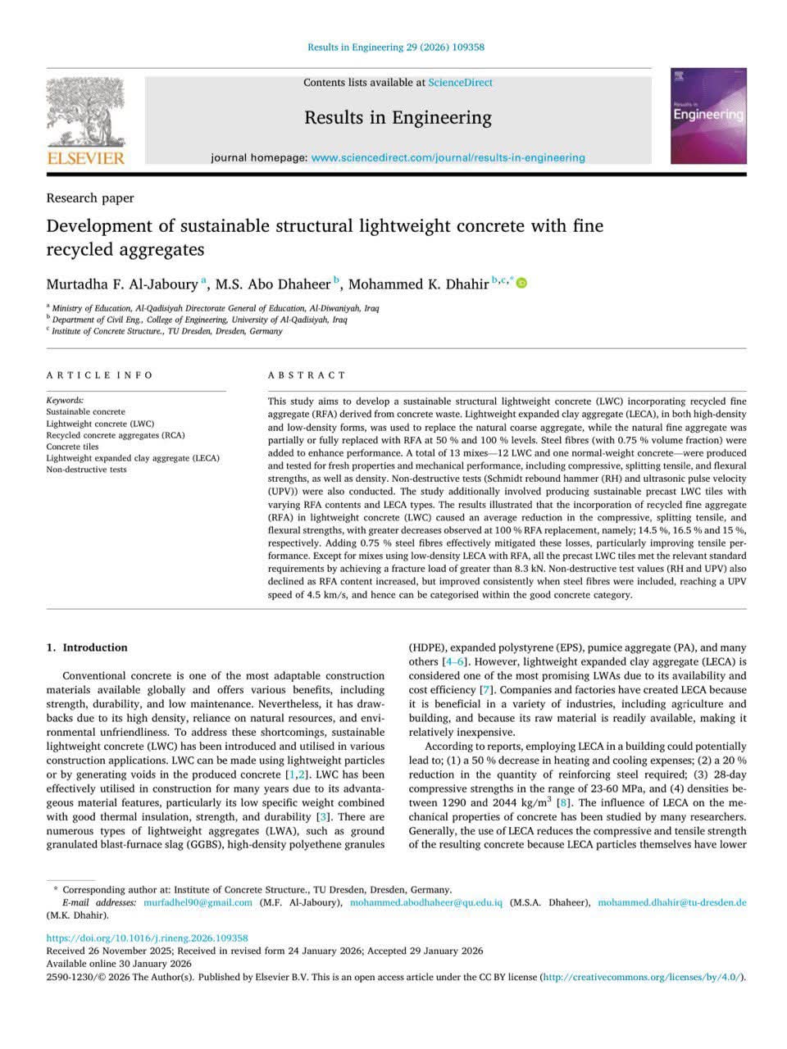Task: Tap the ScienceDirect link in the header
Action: pos(460,83)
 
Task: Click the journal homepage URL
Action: pos(448,157)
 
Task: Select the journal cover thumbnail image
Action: pos(708,116)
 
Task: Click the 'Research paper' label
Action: pos(90,198)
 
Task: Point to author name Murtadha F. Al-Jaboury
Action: pos(122,284)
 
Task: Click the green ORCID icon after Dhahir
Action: pos(521,284)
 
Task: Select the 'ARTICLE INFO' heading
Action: pos(100,375)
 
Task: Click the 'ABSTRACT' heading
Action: pos(307,375)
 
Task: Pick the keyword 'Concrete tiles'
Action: pos(72,447)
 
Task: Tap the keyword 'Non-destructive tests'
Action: pos(86,470)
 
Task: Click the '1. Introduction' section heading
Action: pos(87,647)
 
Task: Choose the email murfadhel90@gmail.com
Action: pos(198,902)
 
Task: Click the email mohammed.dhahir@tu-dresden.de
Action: pos(671,902)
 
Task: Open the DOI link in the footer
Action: pos(147,938)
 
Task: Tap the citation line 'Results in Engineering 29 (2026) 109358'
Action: pos(396,48)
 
